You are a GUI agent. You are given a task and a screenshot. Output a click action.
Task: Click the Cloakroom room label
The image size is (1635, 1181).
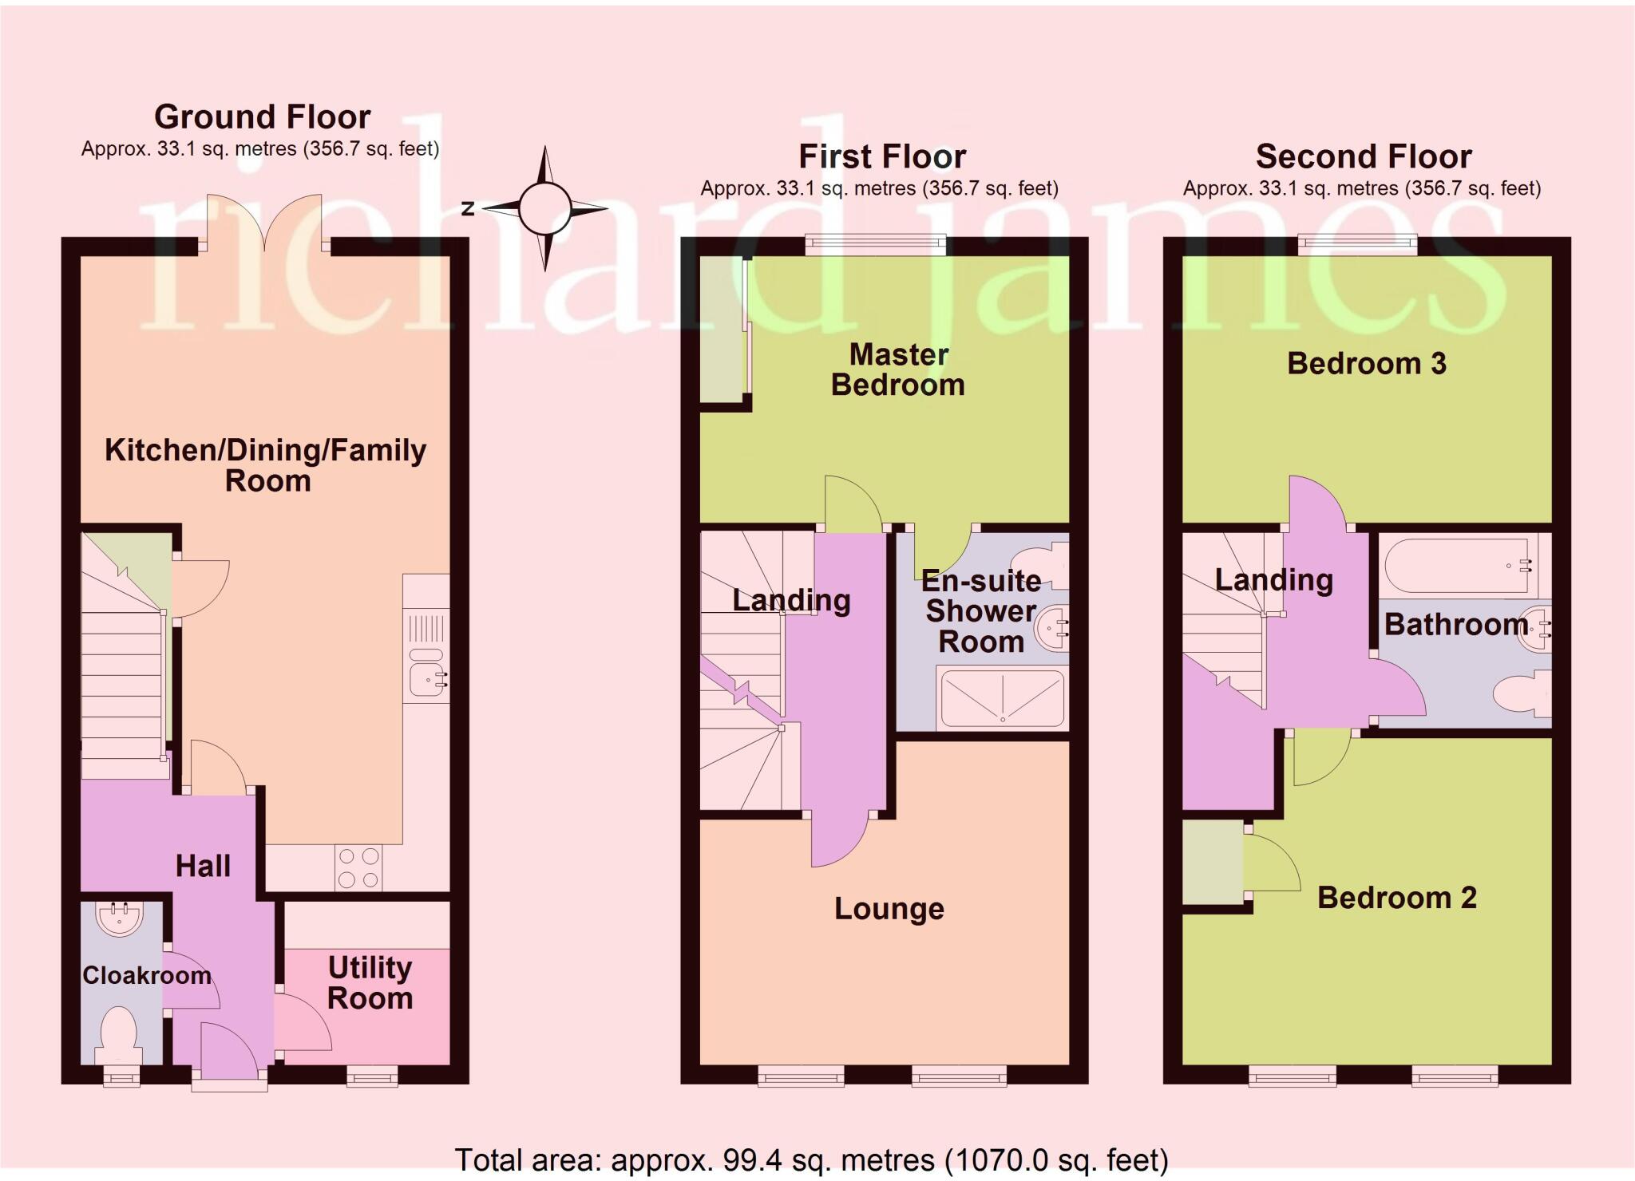(x=147, y=975)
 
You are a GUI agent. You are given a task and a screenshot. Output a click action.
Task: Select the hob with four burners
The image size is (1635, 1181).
(x=358, y=868)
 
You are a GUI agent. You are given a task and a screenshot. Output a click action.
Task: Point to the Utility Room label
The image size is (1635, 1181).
(x=370, y=983)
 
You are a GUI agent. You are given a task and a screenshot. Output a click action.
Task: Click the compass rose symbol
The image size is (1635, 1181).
(x=544, y=208)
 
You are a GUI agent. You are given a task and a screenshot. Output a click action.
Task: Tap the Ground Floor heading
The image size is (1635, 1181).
(x=262, y=117)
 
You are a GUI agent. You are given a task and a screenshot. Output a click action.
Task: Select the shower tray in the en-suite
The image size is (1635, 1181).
(x=1003, y=698)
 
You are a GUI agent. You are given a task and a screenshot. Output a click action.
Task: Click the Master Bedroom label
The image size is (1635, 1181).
(x=898, y=369)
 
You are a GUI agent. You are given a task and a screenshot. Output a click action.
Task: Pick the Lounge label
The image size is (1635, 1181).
(x=889, y=909)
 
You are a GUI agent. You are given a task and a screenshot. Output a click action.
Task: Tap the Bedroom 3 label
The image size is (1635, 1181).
(x=1367, y=364)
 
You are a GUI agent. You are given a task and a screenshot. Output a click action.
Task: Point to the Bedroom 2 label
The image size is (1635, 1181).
(x=1396, y=898)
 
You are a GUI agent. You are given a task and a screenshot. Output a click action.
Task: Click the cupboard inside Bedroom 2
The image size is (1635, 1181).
(x=1212, y=863)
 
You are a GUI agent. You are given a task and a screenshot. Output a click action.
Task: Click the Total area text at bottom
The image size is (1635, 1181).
(x=811, y=1159)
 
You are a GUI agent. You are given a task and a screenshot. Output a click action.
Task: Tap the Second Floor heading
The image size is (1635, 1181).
(x=1363, y=156)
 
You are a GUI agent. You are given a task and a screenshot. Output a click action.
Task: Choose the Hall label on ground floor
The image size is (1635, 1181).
(x=203, y=866)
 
